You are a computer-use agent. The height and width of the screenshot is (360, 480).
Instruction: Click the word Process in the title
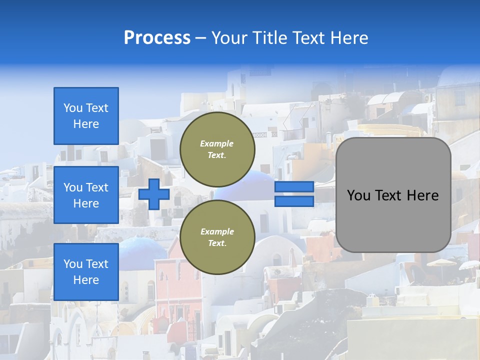[157, 37]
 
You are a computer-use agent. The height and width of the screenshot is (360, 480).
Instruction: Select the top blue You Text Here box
[86, 116]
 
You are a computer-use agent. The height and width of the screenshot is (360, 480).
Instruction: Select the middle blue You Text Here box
[86, 195]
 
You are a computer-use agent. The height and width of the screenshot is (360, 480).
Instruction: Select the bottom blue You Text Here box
[86, 272]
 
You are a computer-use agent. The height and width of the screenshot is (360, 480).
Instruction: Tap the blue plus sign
[154, 194]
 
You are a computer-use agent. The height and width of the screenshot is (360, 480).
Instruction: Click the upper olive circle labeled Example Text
[217, 149]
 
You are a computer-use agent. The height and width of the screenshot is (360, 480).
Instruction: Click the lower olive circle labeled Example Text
[217, 237]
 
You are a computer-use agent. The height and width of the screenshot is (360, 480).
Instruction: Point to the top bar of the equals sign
[294, 187]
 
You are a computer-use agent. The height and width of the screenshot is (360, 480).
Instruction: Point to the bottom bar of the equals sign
[294, 201]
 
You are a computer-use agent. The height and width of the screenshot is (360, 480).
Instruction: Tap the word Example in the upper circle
[217, 143]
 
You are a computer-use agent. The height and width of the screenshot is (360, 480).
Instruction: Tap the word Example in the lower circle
[217, 231]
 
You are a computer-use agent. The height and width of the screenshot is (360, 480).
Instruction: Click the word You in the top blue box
[73, 108]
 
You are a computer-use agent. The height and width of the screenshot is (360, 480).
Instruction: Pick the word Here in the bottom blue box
[86, 280]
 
